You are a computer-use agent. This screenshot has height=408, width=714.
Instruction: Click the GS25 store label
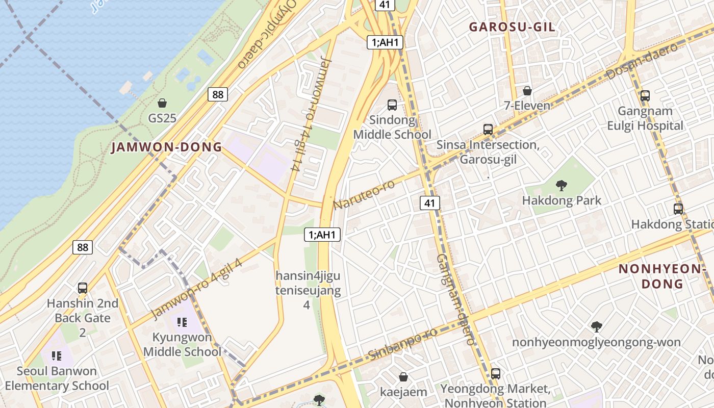pos(162,118)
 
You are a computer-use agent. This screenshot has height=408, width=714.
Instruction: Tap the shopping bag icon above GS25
pos(162,103)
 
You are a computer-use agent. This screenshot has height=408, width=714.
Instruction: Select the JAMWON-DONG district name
pos(167,147)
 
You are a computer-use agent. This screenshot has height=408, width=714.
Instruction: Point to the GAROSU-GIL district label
pos(512,27)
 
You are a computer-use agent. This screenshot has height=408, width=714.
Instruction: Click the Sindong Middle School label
pos(392,127)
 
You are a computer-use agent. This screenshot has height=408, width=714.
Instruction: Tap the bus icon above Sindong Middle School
pos(392,105)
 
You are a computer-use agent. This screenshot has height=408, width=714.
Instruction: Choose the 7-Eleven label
pos(527,106)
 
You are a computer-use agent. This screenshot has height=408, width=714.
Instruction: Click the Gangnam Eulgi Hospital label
pos(645,118)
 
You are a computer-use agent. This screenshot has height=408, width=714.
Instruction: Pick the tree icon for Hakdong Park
pos(562,185)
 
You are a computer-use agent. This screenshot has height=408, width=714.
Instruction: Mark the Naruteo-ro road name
pos(364,194)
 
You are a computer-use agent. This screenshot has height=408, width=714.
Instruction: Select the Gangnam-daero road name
pos(455,300)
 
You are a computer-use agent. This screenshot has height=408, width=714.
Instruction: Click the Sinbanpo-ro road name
pos(402,344)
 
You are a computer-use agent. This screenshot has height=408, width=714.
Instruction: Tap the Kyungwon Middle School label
pos(182,344)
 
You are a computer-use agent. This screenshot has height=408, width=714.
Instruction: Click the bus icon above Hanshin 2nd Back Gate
pos(83,288)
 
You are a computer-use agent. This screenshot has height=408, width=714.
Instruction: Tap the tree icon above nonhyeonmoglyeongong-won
pos(596,327)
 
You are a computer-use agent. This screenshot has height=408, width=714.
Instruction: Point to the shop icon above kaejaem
pos(403,377)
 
